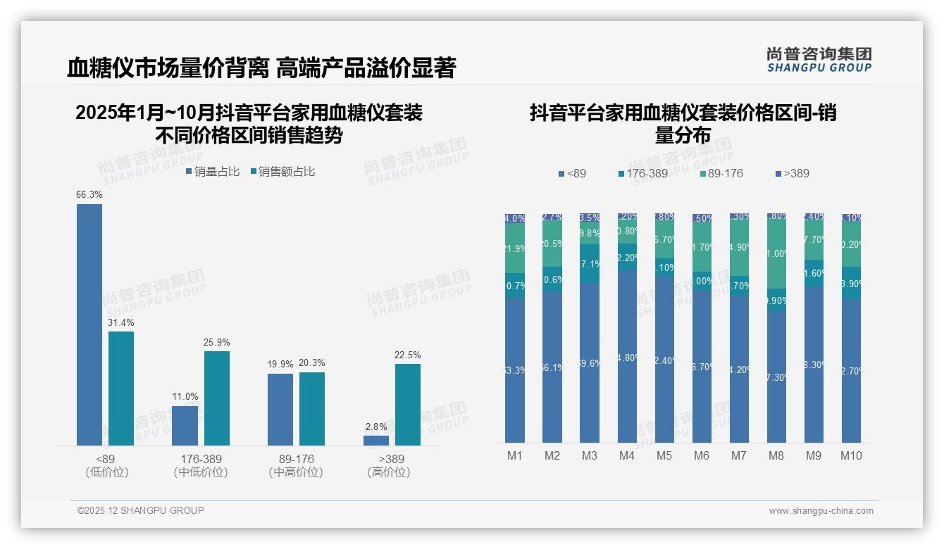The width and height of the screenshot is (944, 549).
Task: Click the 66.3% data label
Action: coord(89,194)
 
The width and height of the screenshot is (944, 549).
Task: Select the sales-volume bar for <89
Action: coord(89,324)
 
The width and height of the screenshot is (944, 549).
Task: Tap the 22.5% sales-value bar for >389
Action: coord(408,405)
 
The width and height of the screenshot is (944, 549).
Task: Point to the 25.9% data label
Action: coord(217,342)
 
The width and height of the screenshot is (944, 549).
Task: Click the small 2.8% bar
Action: coord(376,441)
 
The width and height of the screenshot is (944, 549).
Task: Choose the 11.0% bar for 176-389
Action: coord(185,426)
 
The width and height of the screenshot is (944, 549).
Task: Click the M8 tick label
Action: coord(776,455)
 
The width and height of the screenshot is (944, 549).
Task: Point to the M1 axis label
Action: coord(515,455)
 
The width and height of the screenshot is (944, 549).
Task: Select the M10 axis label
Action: coord(851,455)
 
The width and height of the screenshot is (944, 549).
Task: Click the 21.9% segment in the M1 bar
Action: coord(515,248)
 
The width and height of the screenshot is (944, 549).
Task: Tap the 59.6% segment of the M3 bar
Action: coord(590,363)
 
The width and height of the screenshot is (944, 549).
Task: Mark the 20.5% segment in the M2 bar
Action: coord(552,244)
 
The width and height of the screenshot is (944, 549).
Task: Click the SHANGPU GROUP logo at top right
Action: coord(819,60)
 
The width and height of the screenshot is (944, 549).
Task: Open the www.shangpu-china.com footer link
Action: coord(821,511)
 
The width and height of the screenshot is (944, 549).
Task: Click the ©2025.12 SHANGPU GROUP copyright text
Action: coord(141,510)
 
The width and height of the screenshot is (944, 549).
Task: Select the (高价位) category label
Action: coord(389,472)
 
